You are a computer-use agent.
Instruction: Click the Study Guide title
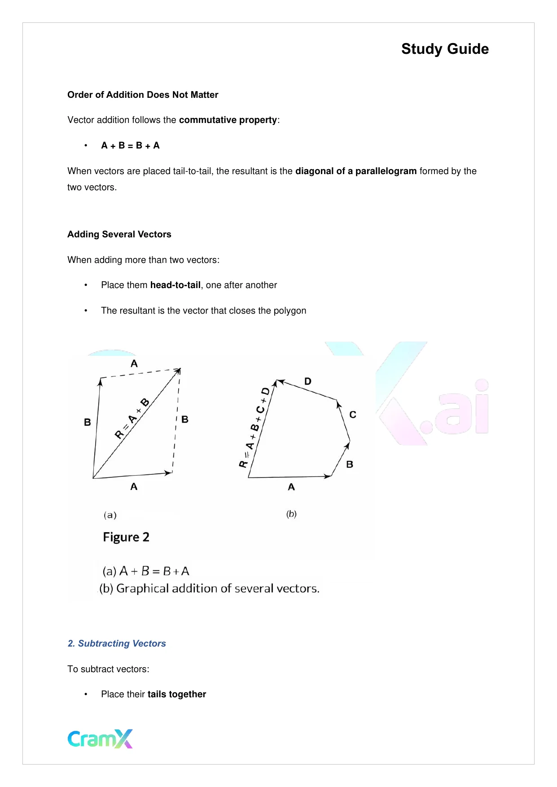445,49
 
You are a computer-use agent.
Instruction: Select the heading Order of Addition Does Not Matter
143,95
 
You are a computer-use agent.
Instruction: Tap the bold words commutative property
228,120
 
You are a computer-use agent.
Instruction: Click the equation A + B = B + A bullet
130,145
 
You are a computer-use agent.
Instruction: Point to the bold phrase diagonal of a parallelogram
356,171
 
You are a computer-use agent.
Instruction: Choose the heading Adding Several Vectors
119,234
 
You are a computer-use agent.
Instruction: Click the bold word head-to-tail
175,285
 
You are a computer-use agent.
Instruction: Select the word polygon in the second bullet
290,310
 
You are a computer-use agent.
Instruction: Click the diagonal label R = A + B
132,419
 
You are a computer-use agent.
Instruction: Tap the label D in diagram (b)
308,381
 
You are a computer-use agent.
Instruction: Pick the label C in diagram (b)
353,415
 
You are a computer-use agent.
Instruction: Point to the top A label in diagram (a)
134,364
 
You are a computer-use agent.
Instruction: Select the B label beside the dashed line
185,420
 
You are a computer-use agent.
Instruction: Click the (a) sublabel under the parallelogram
110,515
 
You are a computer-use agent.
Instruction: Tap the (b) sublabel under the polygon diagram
292,514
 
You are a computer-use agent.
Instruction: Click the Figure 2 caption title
126,537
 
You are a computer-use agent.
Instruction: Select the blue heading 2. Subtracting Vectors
117,643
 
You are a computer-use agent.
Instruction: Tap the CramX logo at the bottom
100,739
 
